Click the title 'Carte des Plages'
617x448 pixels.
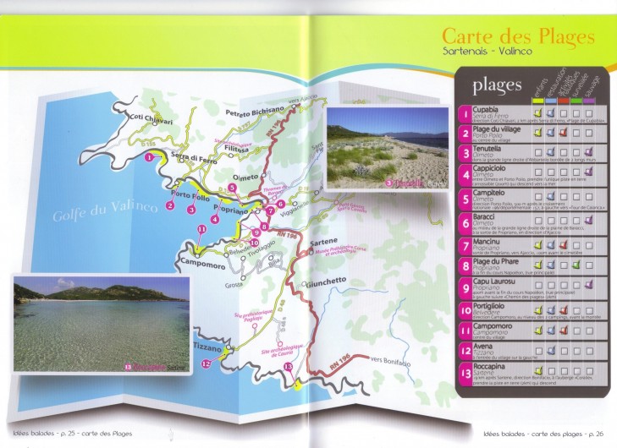518,37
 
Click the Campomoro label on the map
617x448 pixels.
207,263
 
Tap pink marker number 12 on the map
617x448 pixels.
206,364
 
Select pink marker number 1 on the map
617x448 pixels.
149,157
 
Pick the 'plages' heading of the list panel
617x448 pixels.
497,85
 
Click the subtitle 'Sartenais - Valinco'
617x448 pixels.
487,52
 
